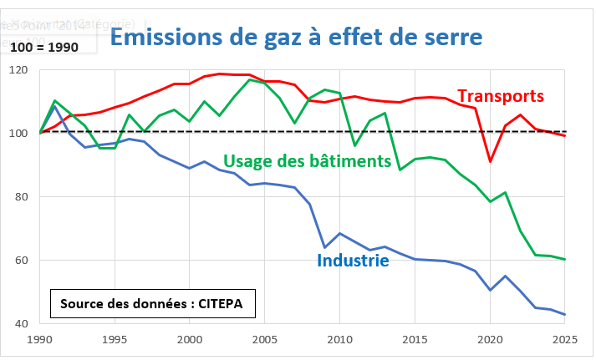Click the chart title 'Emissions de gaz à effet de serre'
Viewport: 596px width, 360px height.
[297, 38]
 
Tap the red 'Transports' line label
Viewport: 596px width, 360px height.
[501, 96]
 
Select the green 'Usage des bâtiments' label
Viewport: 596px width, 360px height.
[308, 160]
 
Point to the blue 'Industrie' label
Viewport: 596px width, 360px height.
[353, 261]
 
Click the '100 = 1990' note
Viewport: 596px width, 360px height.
[45, 47]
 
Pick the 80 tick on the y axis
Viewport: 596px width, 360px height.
[22, 197]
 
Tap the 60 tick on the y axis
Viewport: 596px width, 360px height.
[22, 261]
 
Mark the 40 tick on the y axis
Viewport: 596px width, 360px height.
[22, 324]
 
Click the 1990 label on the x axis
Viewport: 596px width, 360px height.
[40, 340]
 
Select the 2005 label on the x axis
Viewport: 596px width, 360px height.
[265, 340]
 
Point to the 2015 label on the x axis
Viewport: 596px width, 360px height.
[415, 340]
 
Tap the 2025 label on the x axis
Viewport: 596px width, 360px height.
[565, 340]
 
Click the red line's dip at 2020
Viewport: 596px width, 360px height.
[490, 161]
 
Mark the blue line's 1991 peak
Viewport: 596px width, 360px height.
[55, 106]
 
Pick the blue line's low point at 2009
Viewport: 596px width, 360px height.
[325, 247]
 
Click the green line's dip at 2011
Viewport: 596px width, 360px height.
[355, 145]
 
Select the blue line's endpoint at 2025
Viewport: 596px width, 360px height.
[565, 315]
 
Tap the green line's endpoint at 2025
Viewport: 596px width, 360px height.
[565, 260]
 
